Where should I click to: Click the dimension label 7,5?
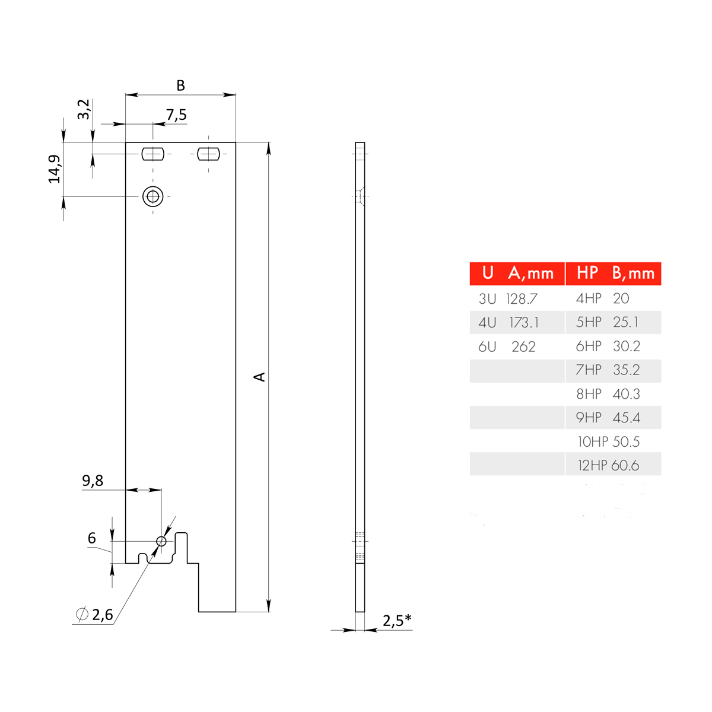coord(176,115)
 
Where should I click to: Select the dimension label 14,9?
coord(55,169)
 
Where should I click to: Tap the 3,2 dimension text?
coord(84,109)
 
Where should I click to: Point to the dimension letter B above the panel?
coord(180,85)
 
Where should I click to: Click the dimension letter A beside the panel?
coord(259,377)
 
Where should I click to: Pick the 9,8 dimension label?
coord(93,481)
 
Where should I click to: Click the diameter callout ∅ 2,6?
coord(95,615)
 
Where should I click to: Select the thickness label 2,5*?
coord(396,621)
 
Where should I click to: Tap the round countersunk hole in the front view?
coord(153,196)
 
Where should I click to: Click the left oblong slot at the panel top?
coord(152,154)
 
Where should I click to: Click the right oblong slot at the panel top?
coord(208,154)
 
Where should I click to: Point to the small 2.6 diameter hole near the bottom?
coord(161,541)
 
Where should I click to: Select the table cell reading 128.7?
coord(522,299)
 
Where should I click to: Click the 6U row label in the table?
coord(487,347)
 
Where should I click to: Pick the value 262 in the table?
coord(523,347)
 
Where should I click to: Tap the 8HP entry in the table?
coord(589,394)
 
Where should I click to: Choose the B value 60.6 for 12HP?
coord(625,466)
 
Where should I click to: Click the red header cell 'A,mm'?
coord(530,274)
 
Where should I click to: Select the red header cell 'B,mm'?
coord(633,274)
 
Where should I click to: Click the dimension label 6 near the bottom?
coord(91,538)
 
